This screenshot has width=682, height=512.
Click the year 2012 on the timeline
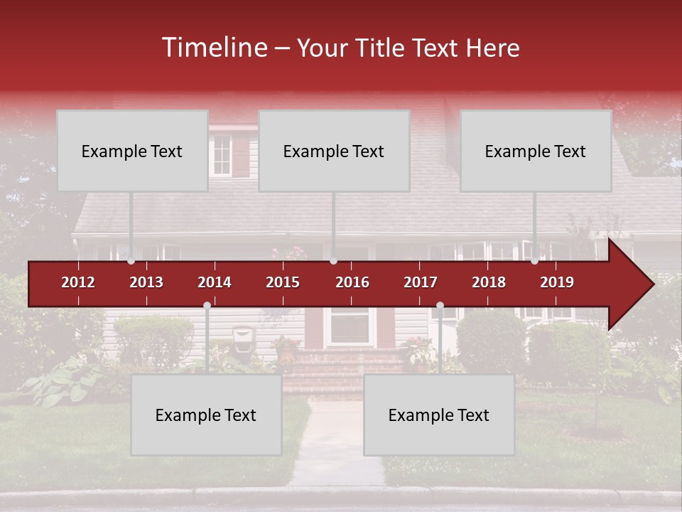[78, 282]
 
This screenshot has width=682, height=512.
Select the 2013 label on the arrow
[146, 282]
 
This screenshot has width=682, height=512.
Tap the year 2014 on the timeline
[215, 282]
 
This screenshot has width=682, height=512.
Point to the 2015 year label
[283, 282]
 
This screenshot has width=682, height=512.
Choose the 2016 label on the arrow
[352, 282]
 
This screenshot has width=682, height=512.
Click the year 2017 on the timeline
[421, 282]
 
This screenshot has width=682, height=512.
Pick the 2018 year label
[489, 282]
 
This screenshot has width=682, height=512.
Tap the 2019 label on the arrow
[557, 282]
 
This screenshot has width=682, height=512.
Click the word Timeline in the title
[214, 48]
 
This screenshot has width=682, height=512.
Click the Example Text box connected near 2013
[132, 151]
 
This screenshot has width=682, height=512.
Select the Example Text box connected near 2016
[334, 151]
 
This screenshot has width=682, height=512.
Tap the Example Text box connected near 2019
[536, 151]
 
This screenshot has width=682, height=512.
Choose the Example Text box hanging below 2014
[206, 415]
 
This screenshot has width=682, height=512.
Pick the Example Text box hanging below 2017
[439, 415]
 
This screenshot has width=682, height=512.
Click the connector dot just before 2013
[131, 261]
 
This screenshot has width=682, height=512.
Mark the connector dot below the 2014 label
[207, 306]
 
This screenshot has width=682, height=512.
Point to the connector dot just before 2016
[333, 261]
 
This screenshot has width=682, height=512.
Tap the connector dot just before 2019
[535, 261]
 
